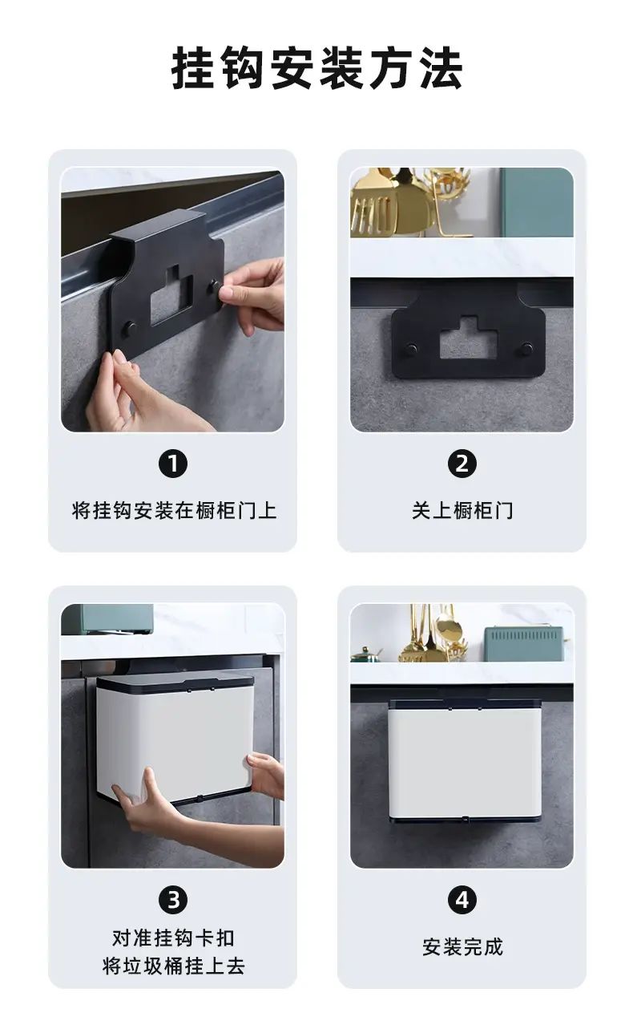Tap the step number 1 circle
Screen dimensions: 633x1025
[173, 464]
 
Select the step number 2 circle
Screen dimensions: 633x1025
[462, 464]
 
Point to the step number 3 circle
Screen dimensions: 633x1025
[173, 900]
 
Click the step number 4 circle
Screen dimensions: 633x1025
[462, 900]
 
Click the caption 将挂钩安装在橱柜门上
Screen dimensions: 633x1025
[174, 510]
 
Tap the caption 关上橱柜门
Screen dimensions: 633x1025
[462, 510]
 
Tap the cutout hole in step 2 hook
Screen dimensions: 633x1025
[469, 338]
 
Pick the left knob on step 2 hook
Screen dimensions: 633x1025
[411, 351]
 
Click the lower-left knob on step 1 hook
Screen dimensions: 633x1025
[130, 329]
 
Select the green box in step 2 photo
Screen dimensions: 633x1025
[537, 202]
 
